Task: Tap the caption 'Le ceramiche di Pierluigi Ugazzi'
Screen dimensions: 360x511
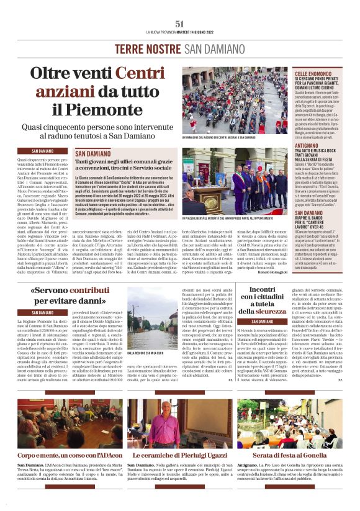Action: click(x=179, y=456)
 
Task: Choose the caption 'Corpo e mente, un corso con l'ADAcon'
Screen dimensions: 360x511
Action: click(x=70, y=456)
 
